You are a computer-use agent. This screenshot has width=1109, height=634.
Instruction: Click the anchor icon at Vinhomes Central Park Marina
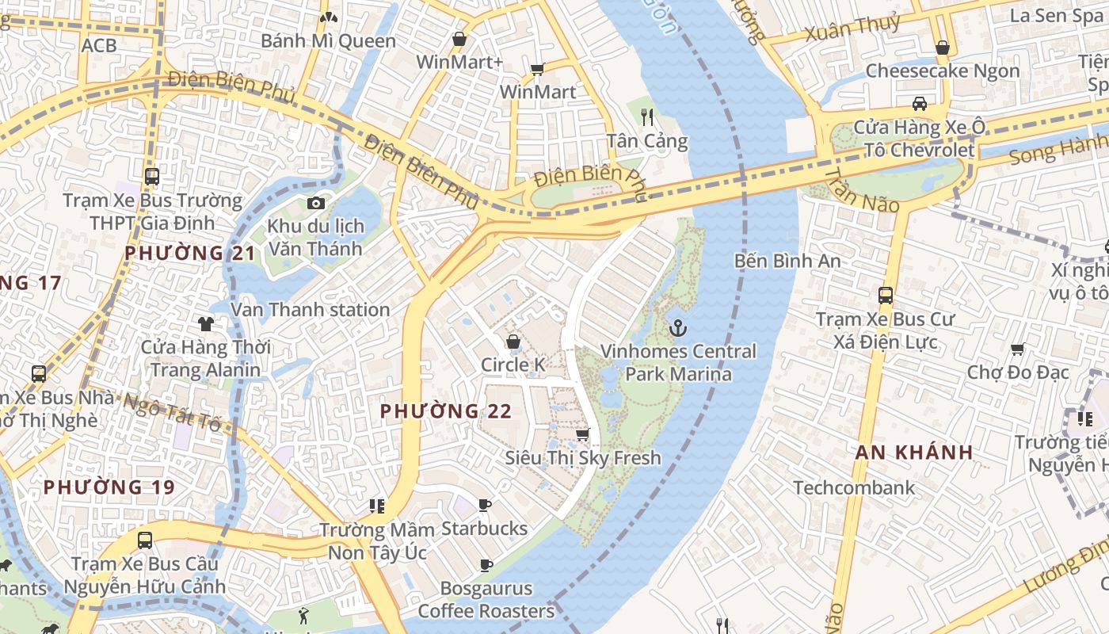(x=678, y=327)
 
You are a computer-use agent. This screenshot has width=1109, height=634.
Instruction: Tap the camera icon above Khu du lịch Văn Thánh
(x=315, y=204)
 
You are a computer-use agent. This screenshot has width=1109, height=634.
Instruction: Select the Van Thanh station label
(x=310, y=309)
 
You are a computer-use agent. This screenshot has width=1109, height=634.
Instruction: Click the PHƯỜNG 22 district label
(x=445, y=411)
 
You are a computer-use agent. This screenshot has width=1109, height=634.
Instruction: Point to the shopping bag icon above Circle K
(x=513, y=342)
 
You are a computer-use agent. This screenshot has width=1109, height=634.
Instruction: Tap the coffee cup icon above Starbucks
(x=485, y=505)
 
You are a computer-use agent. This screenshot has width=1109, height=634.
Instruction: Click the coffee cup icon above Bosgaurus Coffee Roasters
(x=486, y=565)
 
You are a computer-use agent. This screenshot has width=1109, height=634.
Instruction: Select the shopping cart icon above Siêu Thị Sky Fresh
(x=583, y=434)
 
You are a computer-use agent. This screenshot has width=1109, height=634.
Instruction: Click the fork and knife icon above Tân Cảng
(x=647, y=117)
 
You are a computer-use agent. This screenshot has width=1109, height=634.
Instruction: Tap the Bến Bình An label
(x=787, y=261)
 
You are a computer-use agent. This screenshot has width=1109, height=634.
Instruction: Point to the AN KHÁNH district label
(x=913, y=453)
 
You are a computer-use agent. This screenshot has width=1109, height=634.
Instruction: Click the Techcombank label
(x=854, y=487)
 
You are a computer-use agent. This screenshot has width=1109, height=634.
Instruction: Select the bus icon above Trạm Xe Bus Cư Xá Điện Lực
(x=886, y=296)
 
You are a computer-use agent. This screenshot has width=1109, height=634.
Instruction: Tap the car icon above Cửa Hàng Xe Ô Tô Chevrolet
(x=919, y=104)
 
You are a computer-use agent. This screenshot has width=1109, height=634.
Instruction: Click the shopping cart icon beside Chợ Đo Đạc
(x=1018, y=349)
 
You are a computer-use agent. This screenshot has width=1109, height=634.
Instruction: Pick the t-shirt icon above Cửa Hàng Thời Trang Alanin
(x=206, y=323)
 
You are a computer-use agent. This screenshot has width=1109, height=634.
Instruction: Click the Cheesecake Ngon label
(x=942, y=71)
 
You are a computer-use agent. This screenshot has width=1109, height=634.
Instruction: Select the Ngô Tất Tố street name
(x=170, y=410)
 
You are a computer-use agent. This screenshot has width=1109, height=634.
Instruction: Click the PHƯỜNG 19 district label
(x=109, y=487)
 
